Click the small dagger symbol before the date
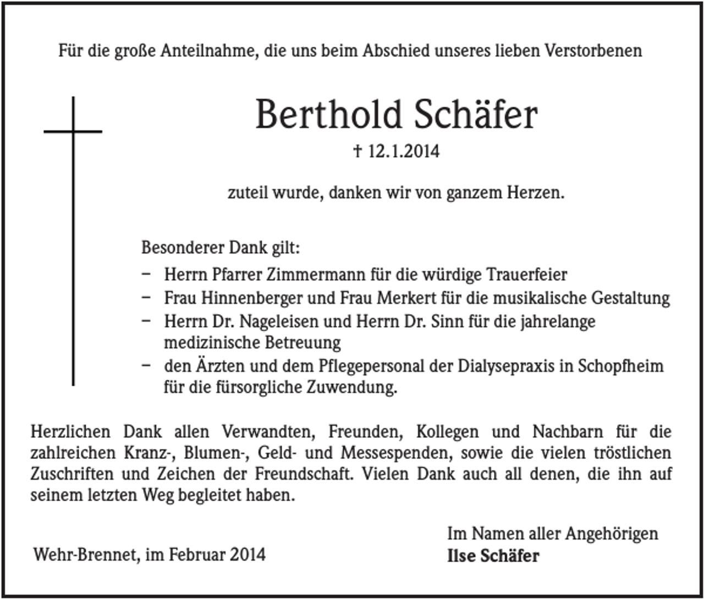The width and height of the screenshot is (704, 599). coord(358,151)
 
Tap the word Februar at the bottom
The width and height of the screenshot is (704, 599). coord(197,554)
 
